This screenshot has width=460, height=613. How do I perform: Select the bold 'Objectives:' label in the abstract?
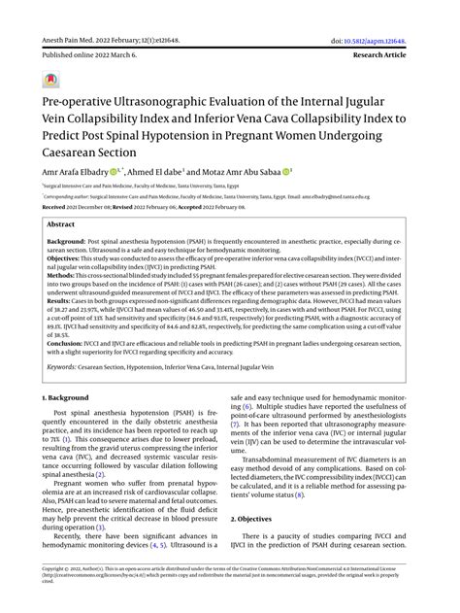coord(68,257)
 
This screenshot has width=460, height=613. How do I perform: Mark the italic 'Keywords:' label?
coord(67,366)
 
